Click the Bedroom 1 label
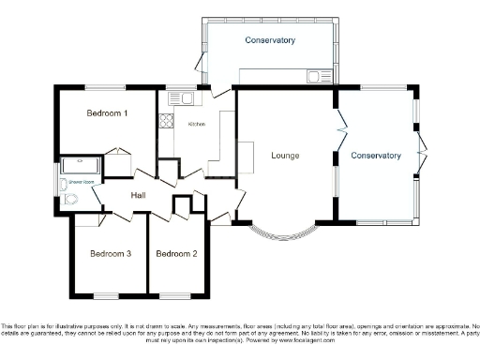[107, 113]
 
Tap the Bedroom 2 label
[176, 254]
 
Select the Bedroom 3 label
[111, 254]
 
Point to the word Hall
[138, 195]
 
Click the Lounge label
[284, 155]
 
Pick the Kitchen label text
[197, 124]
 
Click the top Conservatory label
[270, 40]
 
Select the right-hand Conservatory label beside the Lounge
[376, 155]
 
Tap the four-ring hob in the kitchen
[166, 120]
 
